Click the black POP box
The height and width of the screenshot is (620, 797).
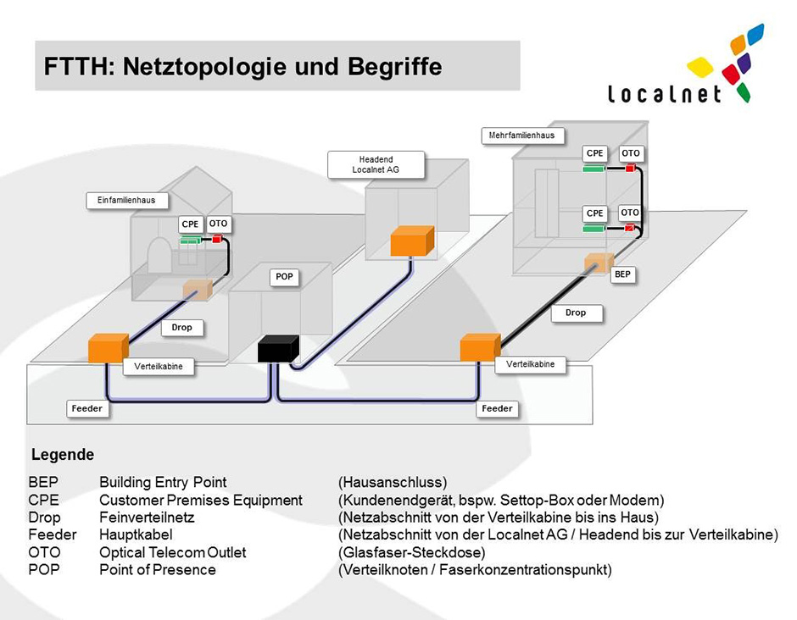click(277, 349)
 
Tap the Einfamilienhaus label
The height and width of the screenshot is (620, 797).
click(127, 201)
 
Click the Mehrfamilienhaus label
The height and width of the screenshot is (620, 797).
click(522, 136)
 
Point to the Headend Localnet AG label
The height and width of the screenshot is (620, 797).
click(375, 164)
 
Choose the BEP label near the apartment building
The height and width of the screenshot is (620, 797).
click(623, 275)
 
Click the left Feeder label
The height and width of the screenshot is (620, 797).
click(86, 409)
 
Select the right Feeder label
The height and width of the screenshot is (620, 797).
click(497, 409)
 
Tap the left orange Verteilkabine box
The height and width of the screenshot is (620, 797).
click(108, 348)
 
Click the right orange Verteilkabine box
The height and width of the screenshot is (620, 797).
click(480, 347)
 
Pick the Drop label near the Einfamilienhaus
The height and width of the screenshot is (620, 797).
click(181, 328)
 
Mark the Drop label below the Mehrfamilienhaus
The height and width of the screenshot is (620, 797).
click(575, 313)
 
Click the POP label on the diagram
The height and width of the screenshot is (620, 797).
click(284, 277)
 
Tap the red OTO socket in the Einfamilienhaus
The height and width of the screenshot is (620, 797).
click(217, 240)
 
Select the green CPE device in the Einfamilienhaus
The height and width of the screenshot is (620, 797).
click(190, 241)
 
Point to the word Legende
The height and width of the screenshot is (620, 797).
click(63, 456)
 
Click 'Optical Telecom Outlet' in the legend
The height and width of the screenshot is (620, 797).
click(172, 552)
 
